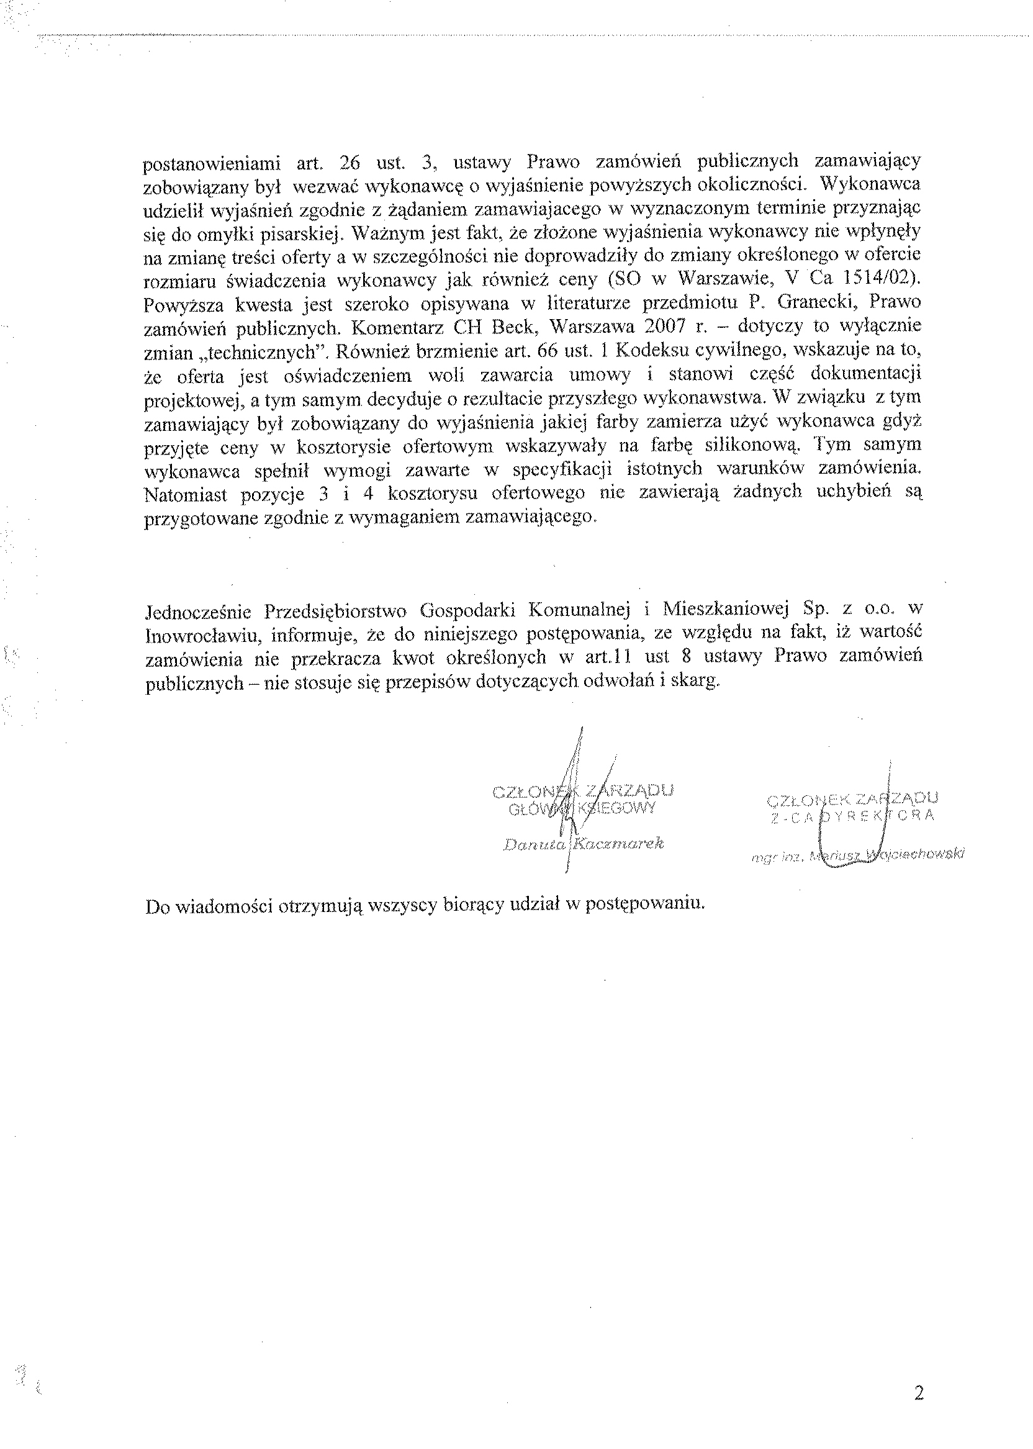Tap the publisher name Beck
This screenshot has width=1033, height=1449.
click(514, 327)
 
